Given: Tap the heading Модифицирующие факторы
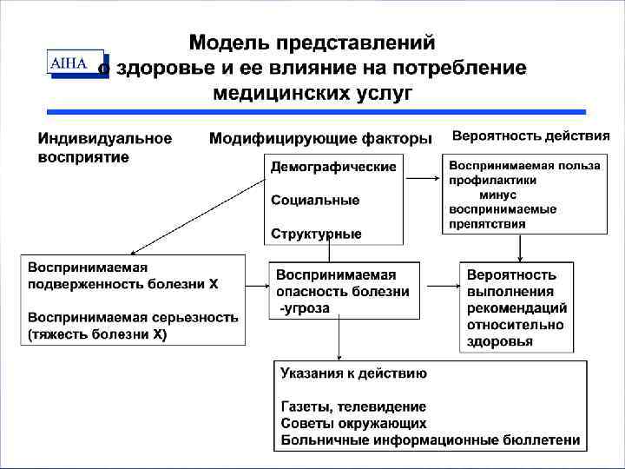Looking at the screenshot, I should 320,140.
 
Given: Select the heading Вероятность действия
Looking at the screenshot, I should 531,136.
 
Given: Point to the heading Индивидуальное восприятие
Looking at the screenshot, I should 104,148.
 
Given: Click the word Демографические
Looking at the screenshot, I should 333,167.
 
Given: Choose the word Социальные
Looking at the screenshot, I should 314,201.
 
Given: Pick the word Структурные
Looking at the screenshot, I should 316,234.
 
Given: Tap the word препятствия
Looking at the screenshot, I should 487,223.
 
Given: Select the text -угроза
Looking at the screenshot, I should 304,308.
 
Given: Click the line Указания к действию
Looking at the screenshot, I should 353,373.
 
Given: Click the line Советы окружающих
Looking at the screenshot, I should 353,423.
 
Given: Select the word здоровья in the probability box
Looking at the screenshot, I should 499,341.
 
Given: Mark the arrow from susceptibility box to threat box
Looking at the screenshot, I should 256,284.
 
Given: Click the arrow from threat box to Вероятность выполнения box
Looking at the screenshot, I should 441,284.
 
